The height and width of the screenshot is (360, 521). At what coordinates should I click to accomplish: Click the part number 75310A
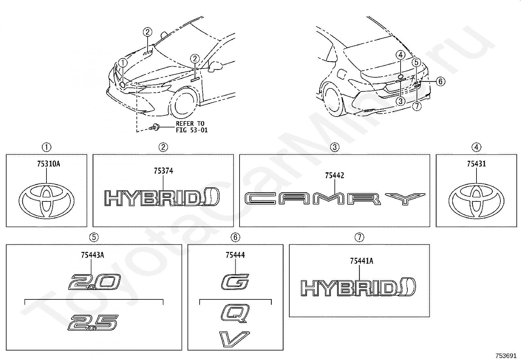46,164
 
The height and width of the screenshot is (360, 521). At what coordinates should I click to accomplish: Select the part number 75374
163,171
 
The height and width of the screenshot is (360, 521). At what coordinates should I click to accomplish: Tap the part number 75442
334,176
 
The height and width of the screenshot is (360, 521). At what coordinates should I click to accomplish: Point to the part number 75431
476,164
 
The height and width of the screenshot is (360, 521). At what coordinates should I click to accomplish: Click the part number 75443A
93,255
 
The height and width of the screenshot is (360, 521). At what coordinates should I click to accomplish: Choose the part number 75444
235,255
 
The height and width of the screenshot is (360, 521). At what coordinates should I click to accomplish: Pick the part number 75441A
359,261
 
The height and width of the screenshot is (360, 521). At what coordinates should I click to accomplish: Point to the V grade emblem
235,339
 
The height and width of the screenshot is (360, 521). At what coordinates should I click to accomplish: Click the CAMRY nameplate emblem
335,199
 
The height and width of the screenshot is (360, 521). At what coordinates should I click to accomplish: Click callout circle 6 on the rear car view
440,81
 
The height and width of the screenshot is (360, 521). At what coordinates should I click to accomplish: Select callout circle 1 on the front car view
123,62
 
